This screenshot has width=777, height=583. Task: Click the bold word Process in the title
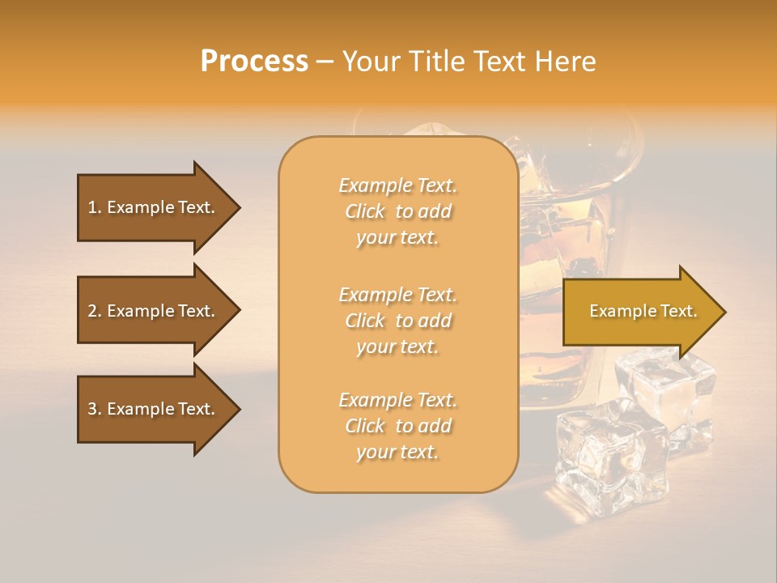coord(254,62)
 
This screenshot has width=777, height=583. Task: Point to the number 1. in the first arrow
coord(95,207)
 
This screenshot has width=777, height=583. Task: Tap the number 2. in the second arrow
coord(95,311)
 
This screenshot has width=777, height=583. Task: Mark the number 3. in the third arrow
coord(95,409)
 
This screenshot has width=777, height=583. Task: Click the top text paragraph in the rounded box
coord(397,211)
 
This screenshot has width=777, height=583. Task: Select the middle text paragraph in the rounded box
coord(397,321)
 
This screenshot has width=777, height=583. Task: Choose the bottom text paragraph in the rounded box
coord(397,426)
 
